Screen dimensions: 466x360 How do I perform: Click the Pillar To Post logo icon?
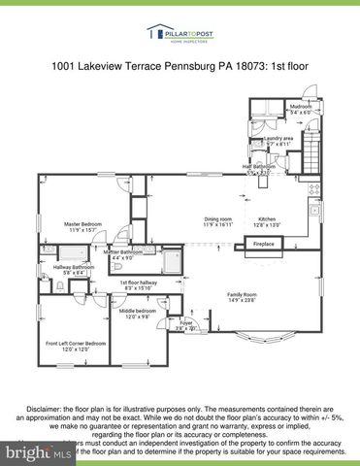tap(154, 33)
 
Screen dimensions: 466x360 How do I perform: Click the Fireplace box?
tap(264, 244)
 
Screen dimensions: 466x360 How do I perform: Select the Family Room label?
tap(243, 293)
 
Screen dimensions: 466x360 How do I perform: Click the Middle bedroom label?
tap(134, 311)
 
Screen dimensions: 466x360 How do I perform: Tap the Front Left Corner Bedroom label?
tap(76, 344)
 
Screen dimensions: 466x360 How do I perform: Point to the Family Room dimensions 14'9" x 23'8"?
tap(243, 300)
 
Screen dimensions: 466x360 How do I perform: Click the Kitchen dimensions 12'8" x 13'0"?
tap(267, 225)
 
